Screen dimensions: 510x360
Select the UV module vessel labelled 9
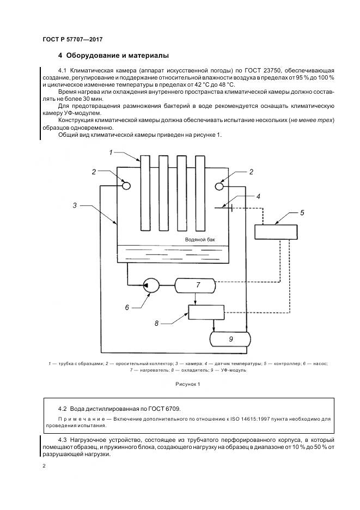coord(230,339)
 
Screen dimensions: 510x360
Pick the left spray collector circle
coord(126,185)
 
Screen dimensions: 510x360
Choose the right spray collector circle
coord(220,186)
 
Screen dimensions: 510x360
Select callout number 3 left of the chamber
coord(74,205)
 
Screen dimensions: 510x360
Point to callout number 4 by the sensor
coord(258,197)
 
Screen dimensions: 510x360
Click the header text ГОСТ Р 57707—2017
coord(72,40)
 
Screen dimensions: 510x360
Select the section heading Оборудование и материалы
coord(118,56)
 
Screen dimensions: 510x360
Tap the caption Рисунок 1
coord(188,384)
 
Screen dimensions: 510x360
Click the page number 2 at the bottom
coord(44,466)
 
